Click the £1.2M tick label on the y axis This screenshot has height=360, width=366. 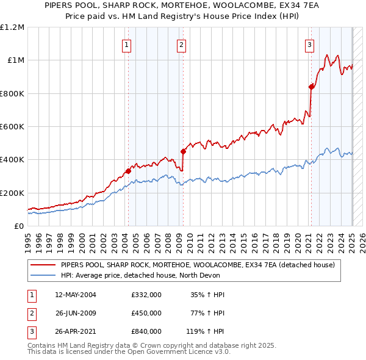coord(12,27)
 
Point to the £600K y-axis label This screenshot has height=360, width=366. coord(12,127)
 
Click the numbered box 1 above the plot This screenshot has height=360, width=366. coord(126,44)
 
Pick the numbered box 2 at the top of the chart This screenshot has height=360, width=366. coord(182,44)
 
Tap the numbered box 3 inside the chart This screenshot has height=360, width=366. coord(310,44)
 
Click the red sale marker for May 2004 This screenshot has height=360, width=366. coord(129,171)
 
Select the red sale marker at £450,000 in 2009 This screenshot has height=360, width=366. coord(183,151)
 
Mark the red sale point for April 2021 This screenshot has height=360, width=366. coord(311,87)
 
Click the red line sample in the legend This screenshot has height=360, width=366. coord(43,265)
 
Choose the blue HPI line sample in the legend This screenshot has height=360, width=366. coord(43,275)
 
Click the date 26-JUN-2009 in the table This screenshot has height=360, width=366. coord(76,313)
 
